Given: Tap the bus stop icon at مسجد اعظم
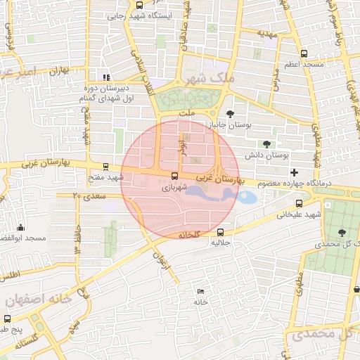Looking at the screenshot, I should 304,53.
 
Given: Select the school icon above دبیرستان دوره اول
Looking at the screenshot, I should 105,77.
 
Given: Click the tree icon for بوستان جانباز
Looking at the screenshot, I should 230,113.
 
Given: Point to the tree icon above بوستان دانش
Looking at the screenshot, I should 266,143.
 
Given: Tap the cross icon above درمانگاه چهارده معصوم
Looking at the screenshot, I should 294,172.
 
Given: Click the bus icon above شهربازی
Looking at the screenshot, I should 174,176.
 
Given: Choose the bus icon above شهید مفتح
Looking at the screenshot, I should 105,167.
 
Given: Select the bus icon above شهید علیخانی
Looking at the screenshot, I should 298,203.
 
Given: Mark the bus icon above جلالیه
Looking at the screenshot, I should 221,232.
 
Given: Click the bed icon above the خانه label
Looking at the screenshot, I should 201,291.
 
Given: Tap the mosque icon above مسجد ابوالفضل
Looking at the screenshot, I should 20,227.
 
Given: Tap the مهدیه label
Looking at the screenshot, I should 266,33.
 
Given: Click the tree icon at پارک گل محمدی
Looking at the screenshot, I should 342,233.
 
